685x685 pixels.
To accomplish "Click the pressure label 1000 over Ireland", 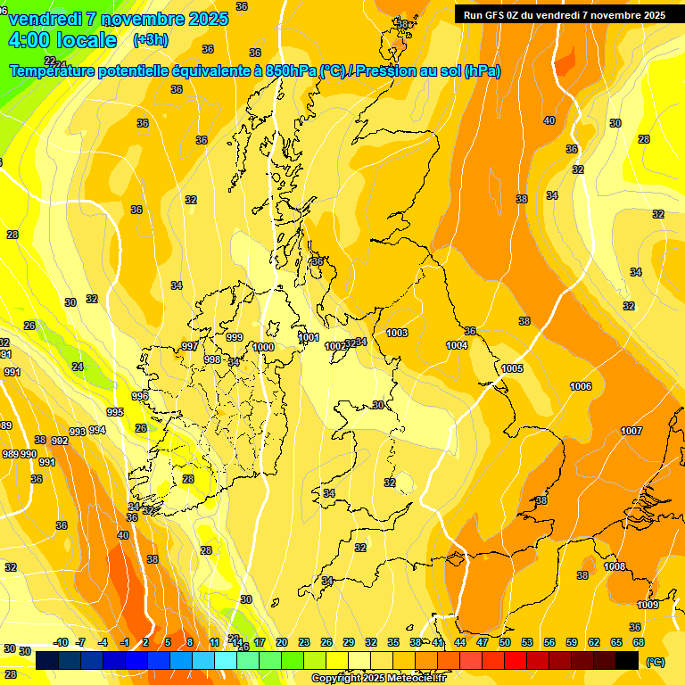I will click(263, 347).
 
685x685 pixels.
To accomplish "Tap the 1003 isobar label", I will click(397, 333).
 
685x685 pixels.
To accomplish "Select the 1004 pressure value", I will click(457, 345).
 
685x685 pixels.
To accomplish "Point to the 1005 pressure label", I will click(512, 368).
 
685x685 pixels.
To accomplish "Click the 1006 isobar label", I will click(581, 386).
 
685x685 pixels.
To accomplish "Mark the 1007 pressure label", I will click(631, 431).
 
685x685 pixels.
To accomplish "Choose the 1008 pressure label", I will click(615, 566).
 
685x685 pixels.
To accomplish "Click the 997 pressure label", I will click(189, 346).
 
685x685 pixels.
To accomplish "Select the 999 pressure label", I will click(235, 337).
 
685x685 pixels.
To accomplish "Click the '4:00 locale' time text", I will click(62, 40).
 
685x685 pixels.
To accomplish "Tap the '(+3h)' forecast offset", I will click(150, 40).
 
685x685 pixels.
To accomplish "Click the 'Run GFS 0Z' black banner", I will click(564, 15).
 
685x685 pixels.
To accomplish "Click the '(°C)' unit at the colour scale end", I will click(656, 662).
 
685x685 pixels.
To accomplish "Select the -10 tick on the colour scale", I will click(62, 642).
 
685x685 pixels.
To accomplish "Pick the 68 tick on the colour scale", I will click(639, 642).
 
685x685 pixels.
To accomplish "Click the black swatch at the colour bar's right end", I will click(627, 660).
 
